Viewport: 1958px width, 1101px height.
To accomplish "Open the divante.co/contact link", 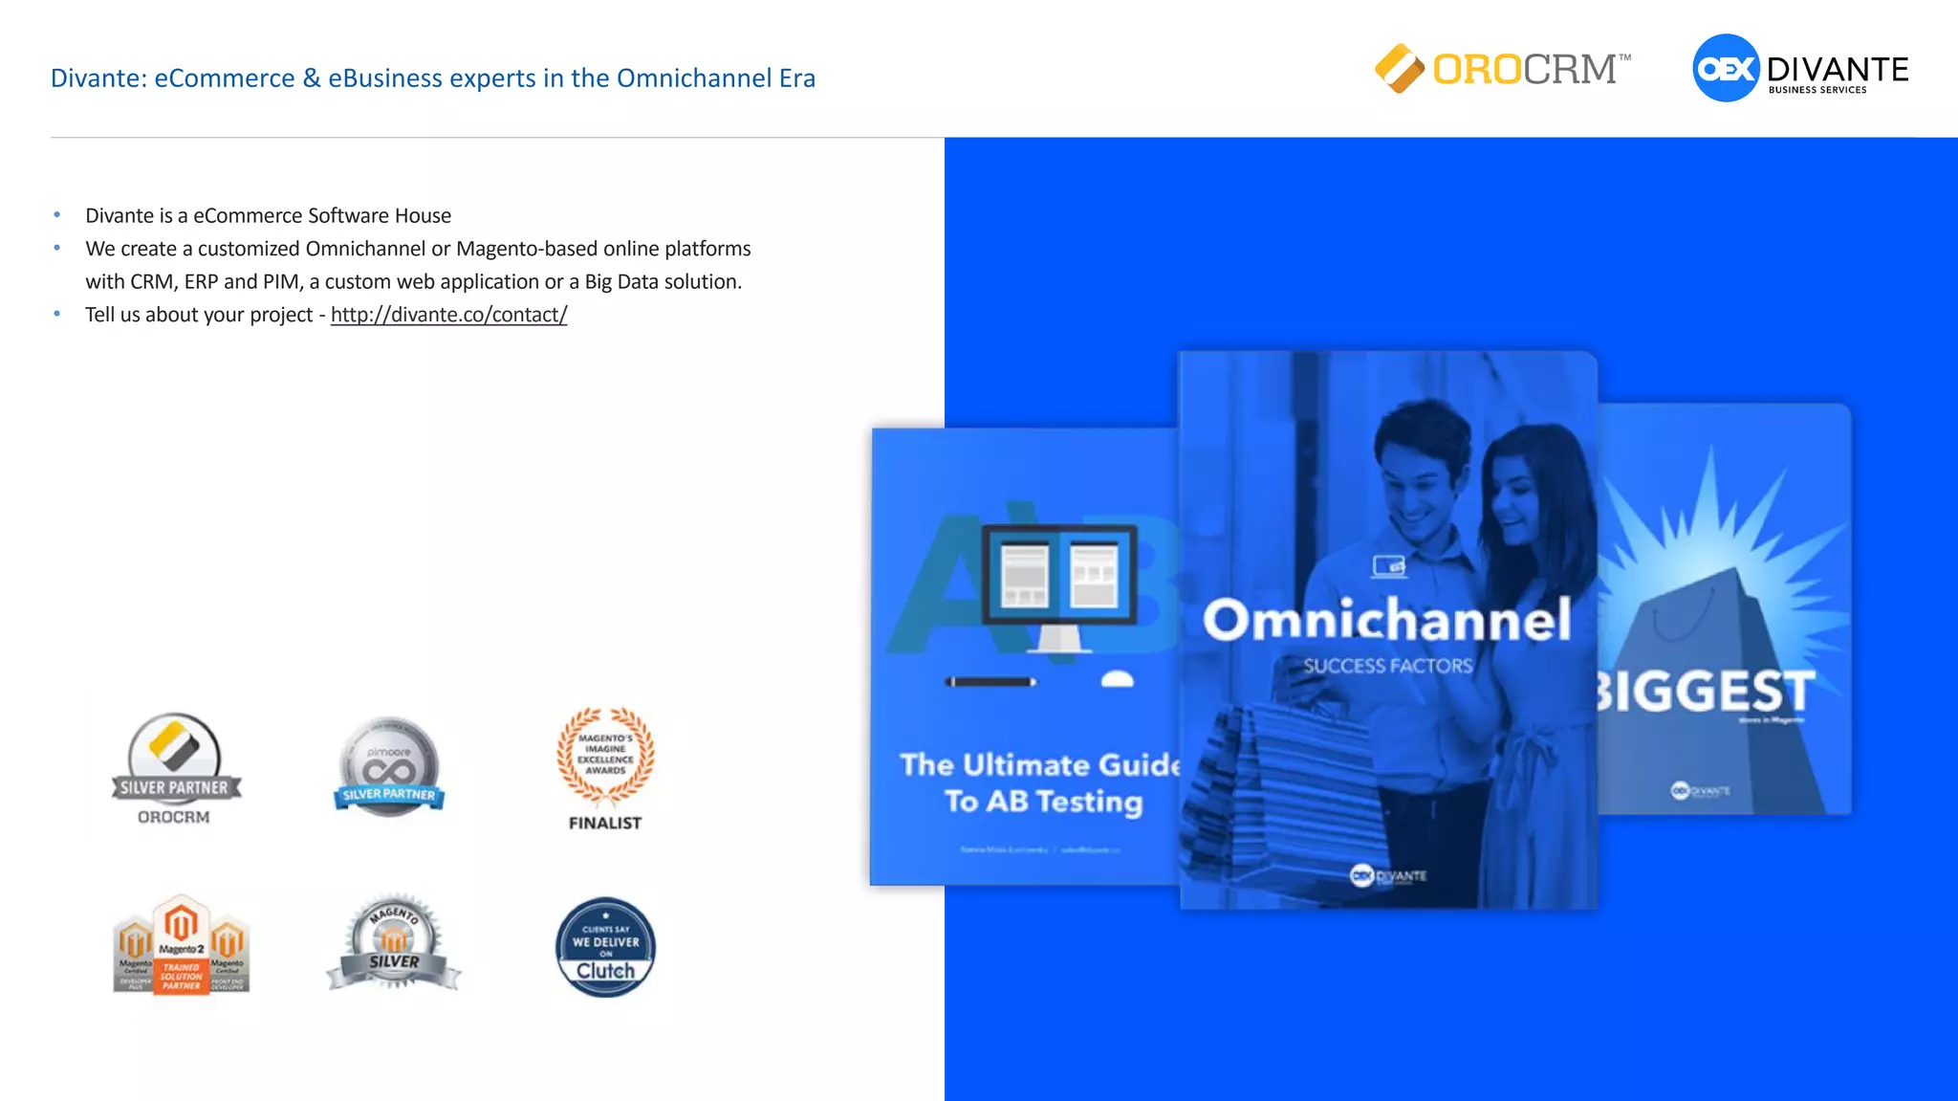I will pyautogui.click(x=448, y=315).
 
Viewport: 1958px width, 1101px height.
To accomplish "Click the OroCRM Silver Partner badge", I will pyautogui.click(x=175, y=767).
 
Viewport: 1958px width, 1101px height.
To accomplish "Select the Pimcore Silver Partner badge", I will pyautogui.click(x=389, y=765).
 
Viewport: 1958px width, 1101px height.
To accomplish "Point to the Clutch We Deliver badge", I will pyautogui.click(x=605, y=948).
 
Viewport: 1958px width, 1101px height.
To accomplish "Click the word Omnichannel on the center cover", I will pyautogui.click(x=1386, y=620).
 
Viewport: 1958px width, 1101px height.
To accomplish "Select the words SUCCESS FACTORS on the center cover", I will pyautogui.click(x=1387, y=666).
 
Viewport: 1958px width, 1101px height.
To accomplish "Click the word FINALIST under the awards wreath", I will pyautogui.click(x=605, y=823).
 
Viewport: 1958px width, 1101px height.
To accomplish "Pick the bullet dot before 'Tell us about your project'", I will pyautogui.click(x=57, y=314).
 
